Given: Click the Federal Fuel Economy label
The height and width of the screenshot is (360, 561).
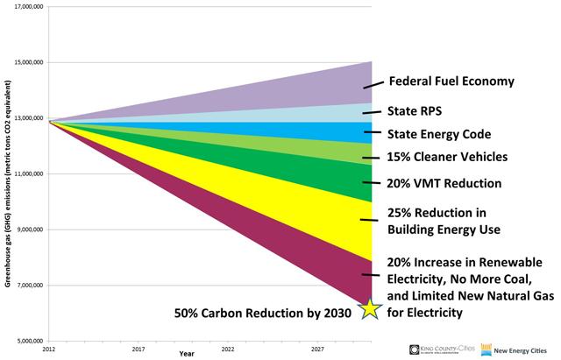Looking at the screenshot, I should pos(450,81).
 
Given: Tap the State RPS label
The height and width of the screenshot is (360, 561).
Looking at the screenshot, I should pos(415,111).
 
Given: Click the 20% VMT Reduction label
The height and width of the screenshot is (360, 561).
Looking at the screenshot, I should pos(444,184).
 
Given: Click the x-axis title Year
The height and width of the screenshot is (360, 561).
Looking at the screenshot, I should pos(188,355).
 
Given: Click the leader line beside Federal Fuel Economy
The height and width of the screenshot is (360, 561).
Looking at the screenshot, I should pos(373,84).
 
